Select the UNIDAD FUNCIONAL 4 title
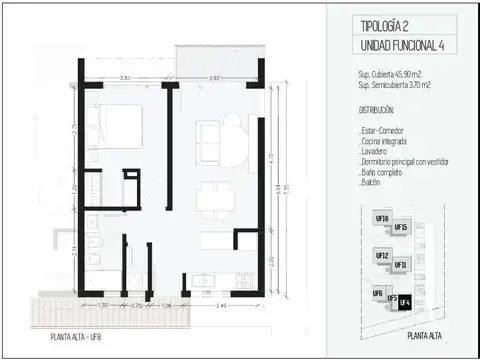[x=397, y=47]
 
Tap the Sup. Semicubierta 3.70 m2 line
[x=396, y=87]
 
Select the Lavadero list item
[x=375, y=154]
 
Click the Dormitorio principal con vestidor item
[x=405, y=164]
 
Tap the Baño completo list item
[x=382, y=175]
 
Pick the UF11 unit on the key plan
[x=401, y=264]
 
